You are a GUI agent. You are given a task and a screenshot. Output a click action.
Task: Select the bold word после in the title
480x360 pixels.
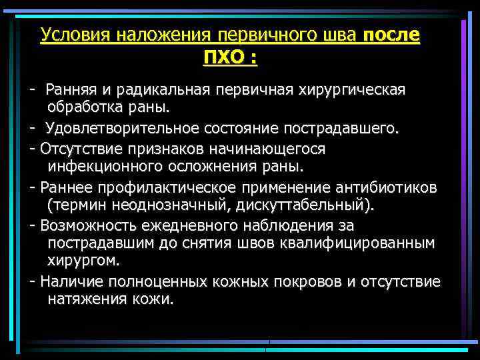point(393,35)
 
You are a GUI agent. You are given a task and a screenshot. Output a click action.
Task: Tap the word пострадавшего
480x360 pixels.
point(345,128)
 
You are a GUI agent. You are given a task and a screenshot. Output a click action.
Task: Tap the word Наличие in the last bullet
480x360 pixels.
point(67,281)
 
